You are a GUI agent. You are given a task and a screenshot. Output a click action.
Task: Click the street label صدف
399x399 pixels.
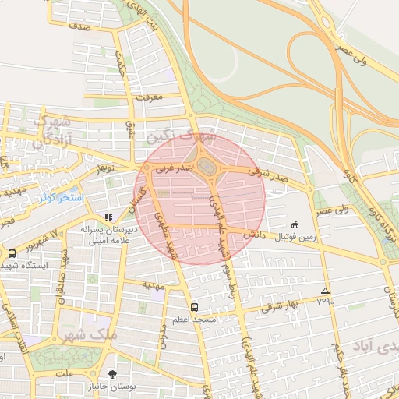[79, 27]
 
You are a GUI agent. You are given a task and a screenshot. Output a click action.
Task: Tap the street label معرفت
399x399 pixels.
[148, 98]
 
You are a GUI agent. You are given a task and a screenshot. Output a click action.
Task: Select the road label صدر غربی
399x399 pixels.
[169, 167]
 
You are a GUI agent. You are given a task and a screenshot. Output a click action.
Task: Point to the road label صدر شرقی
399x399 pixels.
[269, 173]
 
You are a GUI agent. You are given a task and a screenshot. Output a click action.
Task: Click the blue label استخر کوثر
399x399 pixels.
[62, 198]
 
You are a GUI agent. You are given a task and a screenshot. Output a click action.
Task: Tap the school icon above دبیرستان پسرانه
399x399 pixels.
[108, 217]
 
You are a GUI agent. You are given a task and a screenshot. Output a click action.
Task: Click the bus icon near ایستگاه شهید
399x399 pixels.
[12, 253]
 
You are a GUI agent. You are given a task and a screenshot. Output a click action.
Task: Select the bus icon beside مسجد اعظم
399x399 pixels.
[194, 306]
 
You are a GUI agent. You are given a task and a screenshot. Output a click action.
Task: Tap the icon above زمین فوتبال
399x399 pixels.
[295, 224]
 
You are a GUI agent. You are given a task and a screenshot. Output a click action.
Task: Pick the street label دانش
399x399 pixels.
[256, 234]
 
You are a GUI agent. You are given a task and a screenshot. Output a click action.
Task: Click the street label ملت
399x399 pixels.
[65, 374]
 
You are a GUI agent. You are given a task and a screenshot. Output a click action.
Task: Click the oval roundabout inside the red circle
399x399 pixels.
[205, 167]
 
